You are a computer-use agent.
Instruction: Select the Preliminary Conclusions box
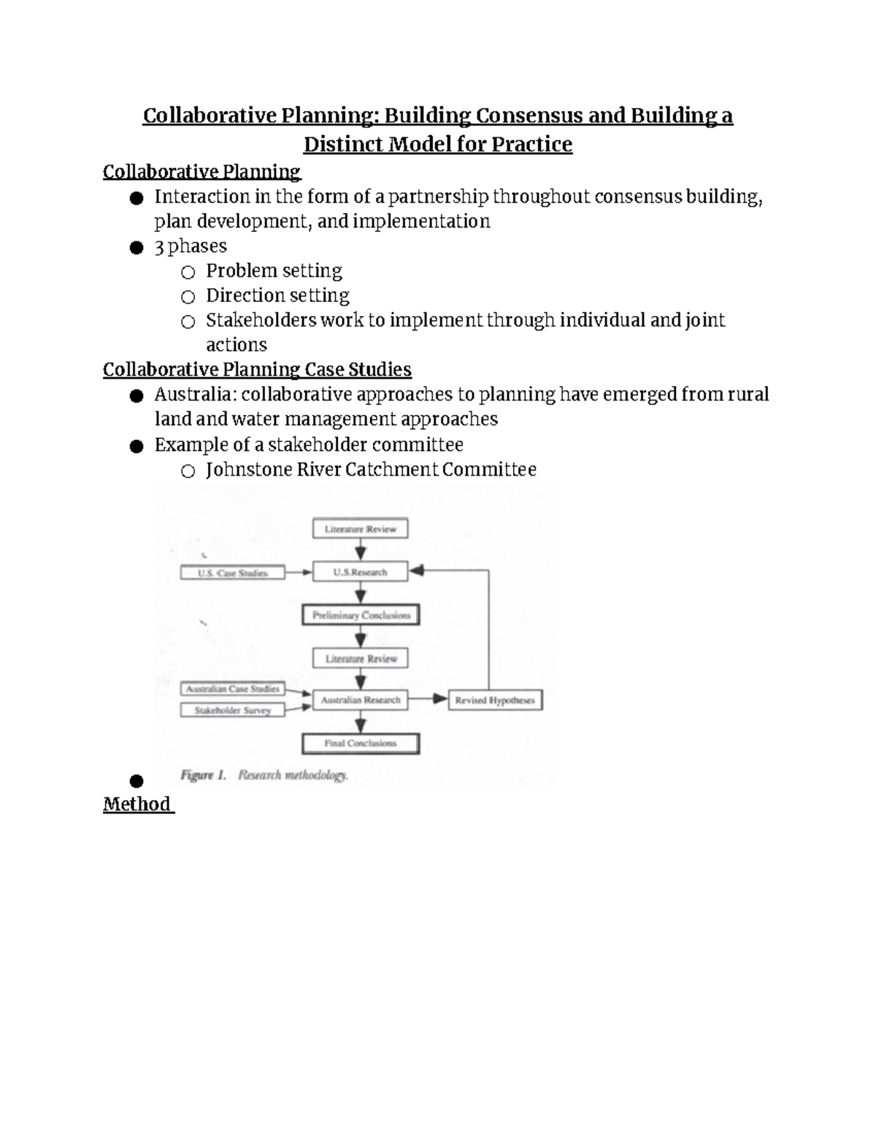pos(361,615)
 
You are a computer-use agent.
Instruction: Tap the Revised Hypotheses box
pos(495,700)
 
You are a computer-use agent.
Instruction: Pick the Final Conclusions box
pos(361,743)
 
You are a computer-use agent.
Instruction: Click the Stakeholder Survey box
pos(232,710)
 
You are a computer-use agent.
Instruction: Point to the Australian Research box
pos(361,700)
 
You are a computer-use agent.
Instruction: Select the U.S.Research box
pos(360,572)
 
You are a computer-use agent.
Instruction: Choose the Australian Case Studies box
pos(232,689)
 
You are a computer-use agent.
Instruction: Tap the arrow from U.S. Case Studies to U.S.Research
pos(298,573)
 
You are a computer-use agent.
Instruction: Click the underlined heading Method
pos(137,804)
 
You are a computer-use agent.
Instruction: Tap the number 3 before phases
pos(159,246)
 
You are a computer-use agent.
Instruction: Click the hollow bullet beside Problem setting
pos(188,272)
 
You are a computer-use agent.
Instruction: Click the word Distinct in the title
pos(343,144)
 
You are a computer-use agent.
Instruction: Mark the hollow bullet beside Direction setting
pos(188,297)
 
